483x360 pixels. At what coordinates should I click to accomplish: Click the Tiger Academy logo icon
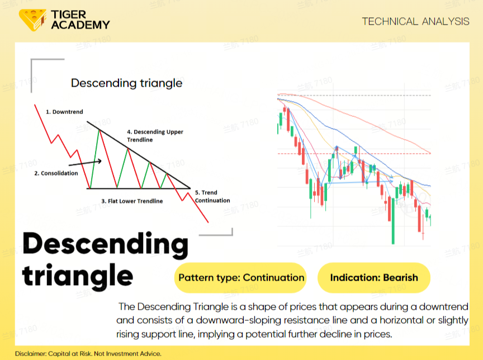[32, 20]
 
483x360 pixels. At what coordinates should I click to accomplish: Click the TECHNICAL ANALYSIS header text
[415, 22]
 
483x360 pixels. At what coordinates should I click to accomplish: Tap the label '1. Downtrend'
[64, 112]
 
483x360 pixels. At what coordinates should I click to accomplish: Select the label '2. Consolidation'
[56, 173]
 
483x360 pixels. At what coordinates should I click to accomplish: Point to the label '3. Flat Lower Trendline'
[132, 201]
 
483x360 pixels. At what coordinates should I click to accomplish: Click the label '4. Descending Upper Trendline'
[155, 136]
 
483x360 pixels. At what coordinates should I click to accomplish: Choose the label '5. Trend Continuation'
[212, 196]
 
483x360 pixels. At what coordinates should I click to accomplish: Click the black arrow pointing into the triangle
[85, 163]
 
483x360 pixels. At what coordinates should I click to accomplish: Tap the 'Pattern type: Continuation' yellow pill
[240, 277]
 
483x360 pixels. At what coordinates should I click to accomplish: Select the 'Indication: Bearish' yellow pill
[374, 277]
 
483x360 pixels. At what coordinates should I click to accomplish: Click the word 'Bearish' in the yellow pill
[400, 277]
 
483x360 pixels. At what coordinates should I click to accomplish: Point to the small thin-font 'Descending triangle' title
[126, 83]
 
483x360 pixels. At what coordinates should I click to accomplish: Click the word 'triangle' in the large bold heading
[78, 276]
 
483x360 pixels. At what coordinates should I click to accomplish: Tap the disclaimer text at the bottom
[88, 353]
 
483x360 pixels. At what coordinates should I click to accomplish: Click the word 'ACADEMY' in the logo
[80, 25]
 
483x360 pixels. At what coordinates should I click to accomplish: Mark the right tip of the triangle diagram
[191, 188]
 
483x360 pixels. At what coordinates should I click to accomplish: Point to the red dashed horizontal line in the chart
[354, 153]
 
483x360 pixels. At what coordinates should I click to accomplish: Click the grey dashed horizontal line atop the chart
[354, 96]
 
